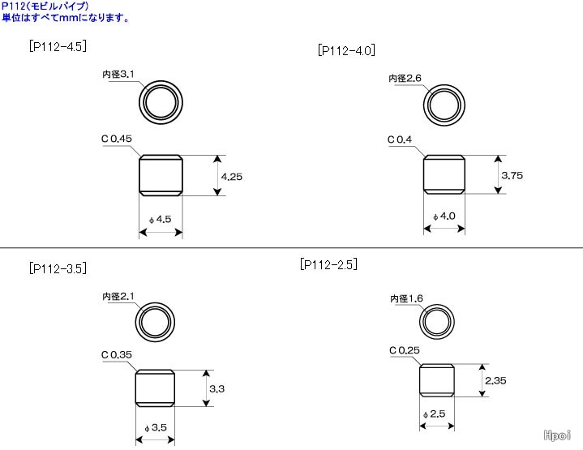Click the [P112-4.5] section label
click(x=58, y=46)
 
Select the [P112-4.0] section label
click(x=346, y=50)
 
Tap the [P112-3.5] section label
click(x=58, y=268)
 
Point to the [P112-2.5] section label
click(x=328, y=264)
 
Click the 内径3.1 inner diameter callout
click(x=118, y=75)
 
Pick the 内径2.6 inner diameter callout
click(x=405, y=78)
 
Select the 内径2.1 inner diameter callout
click(x=118, y=297)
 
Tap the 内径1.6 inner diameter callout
click(x=406, y=298)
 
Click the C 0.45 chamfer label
click(x=117, y=139)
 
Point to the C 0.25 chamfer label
click(x=404, y=350)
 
